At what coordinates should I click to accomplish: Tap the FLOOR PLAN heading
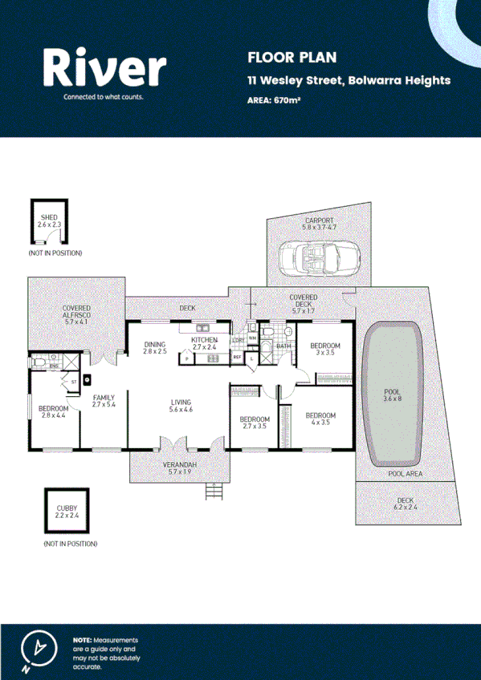click(x=281, y=57)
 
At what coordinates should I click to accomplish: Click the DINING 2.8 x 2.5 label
click(x=155, y=346)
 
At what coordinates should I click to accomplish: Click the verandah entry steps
click(x=212, y=492)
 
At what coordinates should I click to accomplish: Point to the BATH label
click(x=283, y=346)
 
